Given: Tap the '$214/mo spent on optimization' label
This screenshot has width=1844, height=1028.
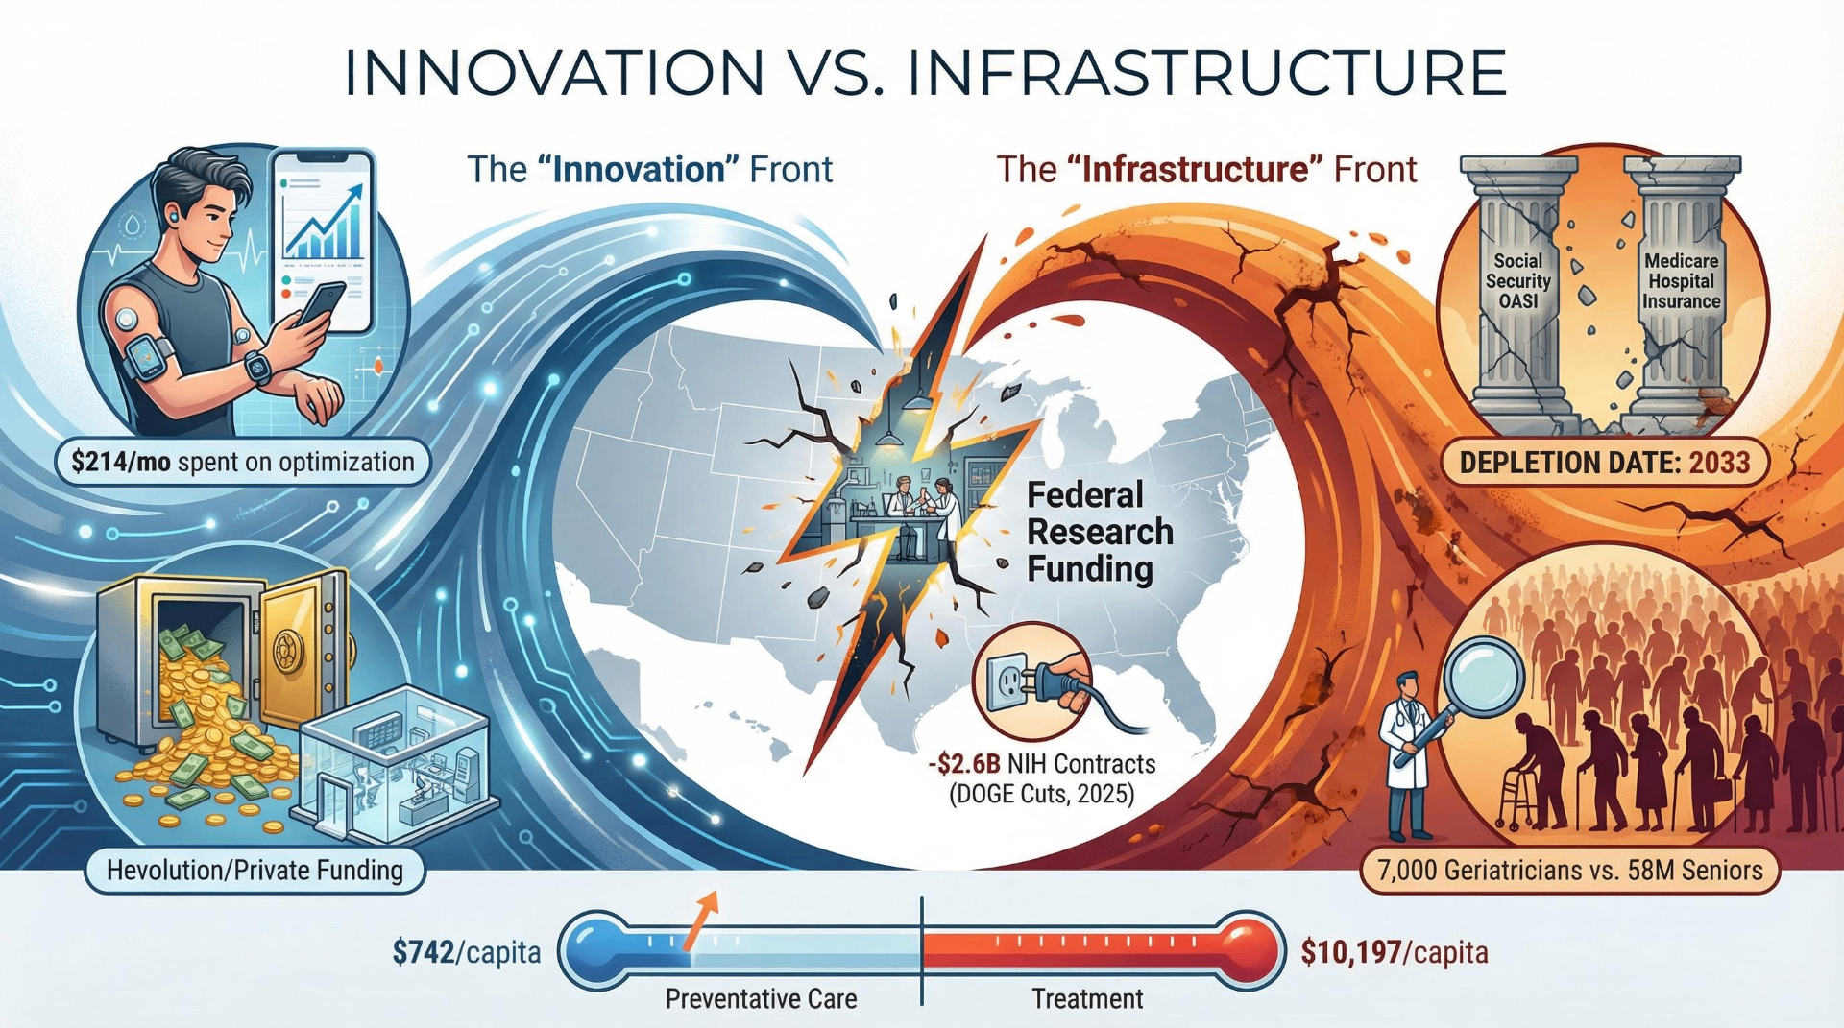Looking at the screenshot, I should [x=243, y=462].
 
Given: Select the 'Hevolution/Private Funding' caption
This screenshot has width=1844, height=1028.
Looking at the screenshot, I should [x=255, y=870].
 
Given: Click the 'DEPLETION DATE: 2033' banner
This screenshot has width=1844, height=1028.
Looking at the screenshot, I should [x=1605, y=463].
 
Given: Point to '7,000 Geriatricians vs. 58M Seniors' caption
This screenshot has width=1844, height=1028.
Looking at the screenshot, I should [x=1570, y=870].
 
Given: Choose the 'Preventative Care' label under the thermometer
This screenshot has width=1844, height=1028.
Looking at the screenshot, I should [x=761, y=999].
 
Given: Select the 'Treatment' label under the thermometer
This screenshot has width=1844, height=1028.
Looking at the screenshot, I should [x=1087, y=999].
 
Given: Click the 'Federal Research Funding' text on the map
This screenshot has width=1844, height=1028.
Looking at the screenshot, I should [x=1100, y=532].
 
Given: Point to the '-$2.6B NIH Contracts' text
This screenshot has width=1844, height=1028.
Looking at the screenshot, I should [x=1042, y=764].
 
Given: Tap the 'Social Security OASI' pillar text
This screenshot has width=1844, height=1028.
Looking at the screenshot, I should [x=1517, y=281].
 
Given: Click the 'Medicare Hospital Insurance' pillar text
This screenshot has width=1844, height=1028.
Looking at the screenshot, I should [x=1681, y=281].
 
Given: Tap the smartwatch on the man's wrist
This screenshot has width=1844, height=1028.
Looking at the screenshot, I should [x=257, y=367].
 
